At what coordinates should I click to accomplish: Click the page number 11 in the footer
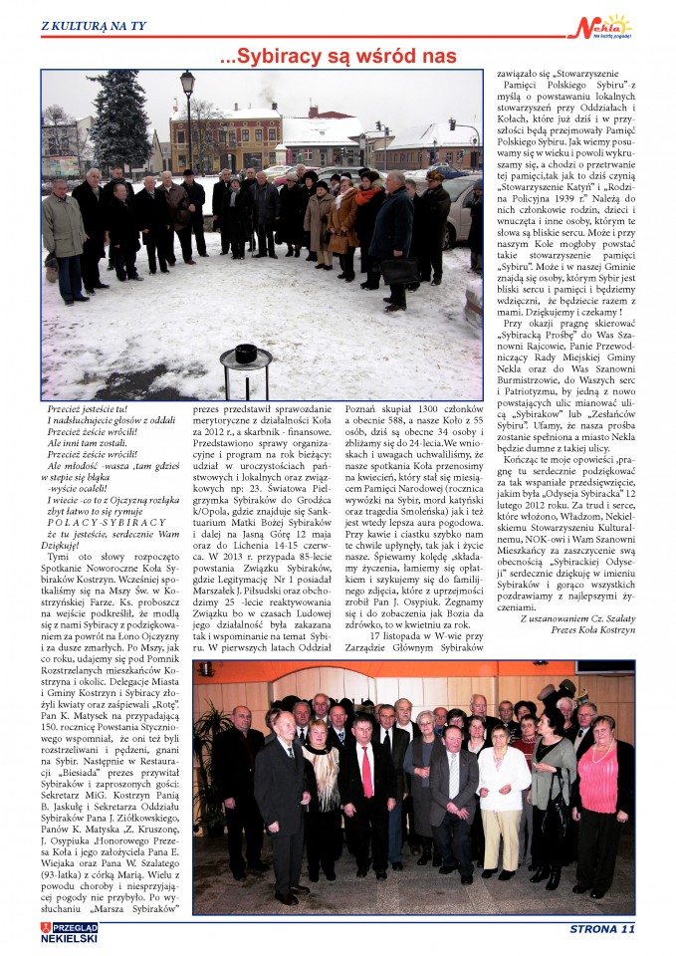[625, 930]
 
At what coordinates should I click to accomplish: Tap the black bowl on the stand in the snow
[246, 353]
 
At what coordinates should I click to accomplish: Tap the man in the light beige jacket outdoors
[65, 229]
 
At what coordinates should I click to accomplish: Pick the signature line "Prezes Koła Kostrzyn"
[576, 629]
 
